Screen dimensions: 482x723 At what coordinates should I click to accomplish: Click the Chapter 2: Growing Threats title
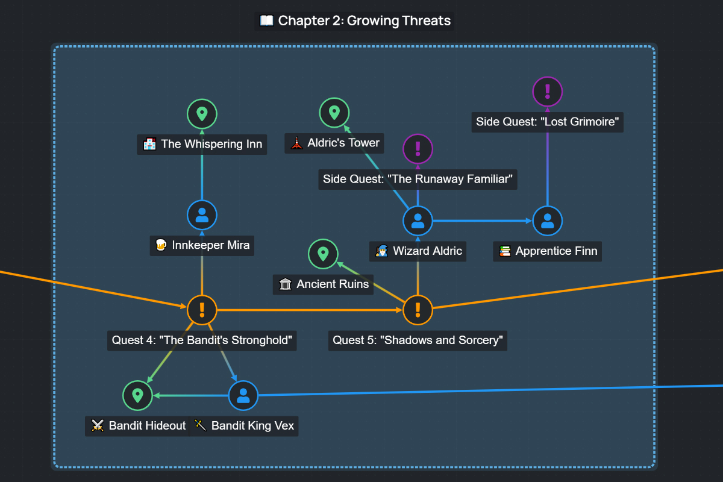pyautogui.click(x=355, y=20)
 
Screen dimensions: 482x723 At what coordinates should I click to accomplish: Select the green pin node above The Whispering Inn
pyautogui.click(x=202, y=113)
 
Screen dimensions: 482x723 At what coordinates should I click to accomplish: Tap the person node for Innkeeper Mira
pyautogui.click(x=202, y=215)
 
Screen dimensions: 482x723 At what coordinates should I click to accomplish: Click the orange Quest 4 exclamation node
pyautogui.click(x=202, y=310)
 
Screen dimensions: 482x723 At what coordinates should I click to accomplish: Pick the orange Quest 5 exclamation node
pyautogui.click(x=418, y=310)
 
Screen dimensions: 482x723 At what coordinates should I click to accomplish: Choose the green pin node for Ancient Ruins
pyautogui.click(x=323, y=254)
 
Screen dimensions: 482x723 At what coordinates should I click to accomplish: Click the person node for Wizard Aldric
pyautogui.click(x=418, y=221)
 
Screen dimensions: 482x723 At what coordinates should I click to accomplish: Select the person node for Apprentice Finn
pyautogui.click(x=547, y=221)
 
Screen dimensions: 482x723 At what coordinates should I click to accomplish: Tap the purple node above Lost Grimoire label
pyautogui.click(x=547, y=92)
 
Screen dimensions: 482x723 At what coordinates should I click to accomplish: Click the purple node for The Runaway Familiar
pyautogui.click(x=418, y=148)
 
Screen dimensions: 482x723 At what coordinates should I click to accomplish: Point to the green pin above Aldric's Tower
pyautogui.click(x=334, y=113)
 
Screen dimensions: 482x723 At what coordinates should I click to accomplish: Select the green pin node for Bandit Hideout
pyautogui.click(x=137, y=395)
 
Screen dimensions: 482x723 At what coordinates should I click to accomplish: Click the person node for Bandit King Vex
pyautogui.click(x=243, y=395)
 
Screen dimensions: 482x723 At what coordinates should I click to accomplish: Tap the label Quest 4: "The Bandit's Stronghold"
pyautogui.click(x=202, y=340)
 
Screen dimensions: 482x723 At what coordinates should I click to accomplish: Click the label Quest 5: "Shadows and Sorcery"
pyautogui.click(x=418, y=340)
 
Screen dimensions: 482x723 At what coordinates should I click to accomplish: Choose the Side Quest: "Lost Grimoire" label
pyautogui.click(x=547, y=122)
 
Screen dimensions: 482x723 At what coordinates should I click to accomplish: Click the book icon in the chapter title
pyautogui.click(x=266, y=20)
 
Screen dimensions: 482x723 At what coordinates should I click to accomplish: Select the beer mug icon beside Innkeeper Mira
pyautogui.click(x=161, y=245)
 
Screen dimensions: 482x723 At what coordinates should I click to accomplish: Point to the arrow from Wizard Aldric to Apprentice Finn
pyautogui.click(x=482, y=221)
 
